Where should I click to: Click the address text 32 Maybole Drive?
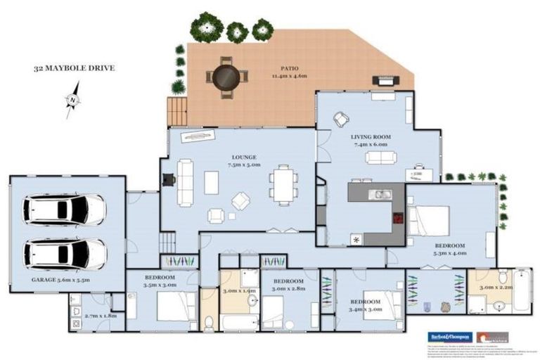coord(74,69)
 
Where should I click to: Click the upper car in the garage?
coord(64,209)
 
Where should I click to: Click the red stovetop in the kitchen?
coord(398,219)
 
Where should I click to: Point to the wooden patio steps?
coord(176,111)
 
